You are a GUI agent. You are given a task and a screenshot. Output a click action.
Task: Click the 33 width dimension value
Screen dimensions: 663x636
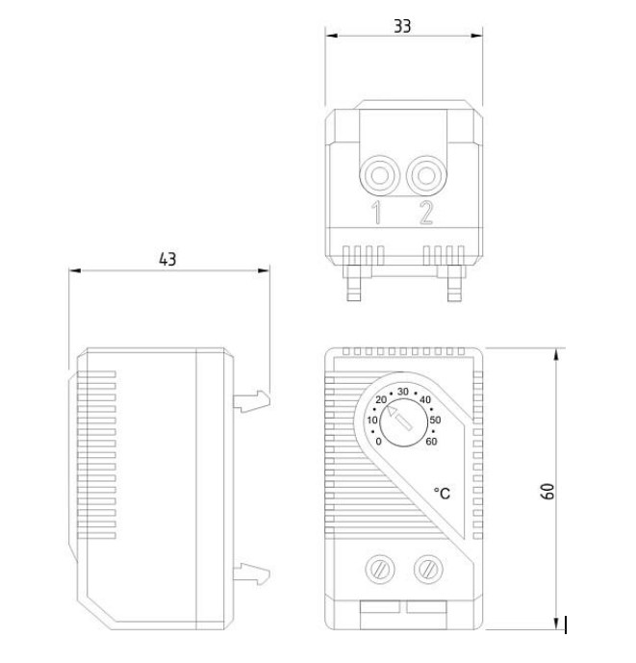pyautogui.click(x=402, y=27)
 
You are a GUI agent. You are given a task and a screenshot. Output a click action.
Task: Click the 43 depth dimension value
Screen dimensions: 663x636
pyautogui.click(x=167, y=258)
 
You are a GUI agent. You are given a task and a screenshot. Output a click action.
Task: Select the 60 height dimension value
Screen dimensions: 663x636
pyautogui.click(x=546, y=491)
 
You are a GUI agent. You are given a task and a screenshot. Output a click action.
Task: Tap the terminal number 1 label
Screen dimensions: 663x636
pyautogui.click(x=377, y=214)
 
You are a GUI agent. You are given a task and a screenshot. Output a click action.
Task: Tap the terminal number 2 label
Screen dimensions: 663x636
pyautogui.click(x=425, y=214)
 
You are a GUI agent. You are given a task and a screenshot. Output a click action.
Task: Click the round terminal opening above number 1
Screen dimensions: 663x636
pyautogui.click(x=378, y=177)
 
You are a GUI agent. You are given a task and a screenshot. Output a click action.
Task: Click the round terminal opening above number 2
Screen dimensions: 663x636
pyautogui.click(x=425, y=177)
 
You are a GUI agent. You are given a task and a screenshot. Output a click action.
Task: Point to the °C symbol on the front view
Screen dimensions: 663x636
pyautogui.click(x=442, y=493)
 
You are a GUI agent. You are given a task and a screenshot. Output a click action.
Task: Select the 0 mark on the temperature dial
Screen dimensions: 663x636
pyautogui.click(x=379, y=442)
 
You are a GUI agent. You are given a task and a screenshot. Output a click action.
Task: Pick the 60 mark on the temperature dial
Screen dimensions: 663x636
pyautogui.click(x=430, y=442)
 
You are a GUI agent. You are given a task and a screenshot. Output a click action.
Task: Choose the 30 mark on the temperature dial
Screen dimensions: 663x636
pyautogui.click(x=403, y=391)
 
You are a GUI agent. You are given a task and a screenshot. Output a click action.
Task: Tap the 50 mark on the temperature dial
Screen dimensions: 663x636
pyautogui.click(x=435, y=420)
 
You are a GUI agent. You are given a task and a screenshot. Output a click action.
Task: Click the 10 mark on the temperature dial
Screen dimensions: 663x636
pyautogui.click(x=372, y=420)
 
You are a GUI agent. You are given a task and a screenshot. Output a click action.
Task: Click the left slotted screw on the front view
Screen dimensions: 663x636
pyautogui.click(x=378, y=571)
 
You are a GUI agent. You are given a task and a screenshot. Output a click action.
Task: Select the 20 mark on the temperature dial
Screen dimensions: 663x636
pyautogui.click(x=381, y=400)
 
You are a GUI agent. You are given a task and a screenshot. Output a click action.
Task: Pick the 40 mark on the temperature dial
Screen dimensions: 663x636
pyautogui.click(x=425, y=400)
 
